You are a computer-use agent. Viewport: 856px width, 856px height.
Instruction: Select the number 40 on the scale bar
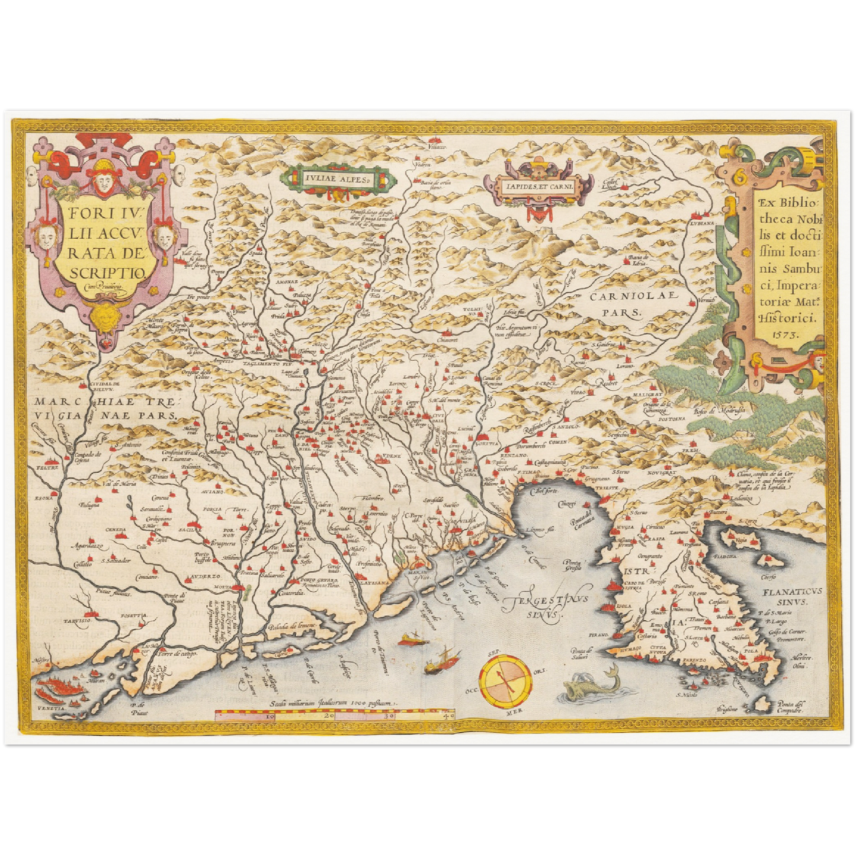click(448, 716)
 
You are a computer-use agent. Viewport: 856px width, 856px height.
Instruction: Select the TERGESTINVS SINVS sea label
click(546, 607)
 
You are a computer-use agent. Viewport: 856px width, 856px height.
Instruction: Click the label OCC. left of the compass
click(472, 691)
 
